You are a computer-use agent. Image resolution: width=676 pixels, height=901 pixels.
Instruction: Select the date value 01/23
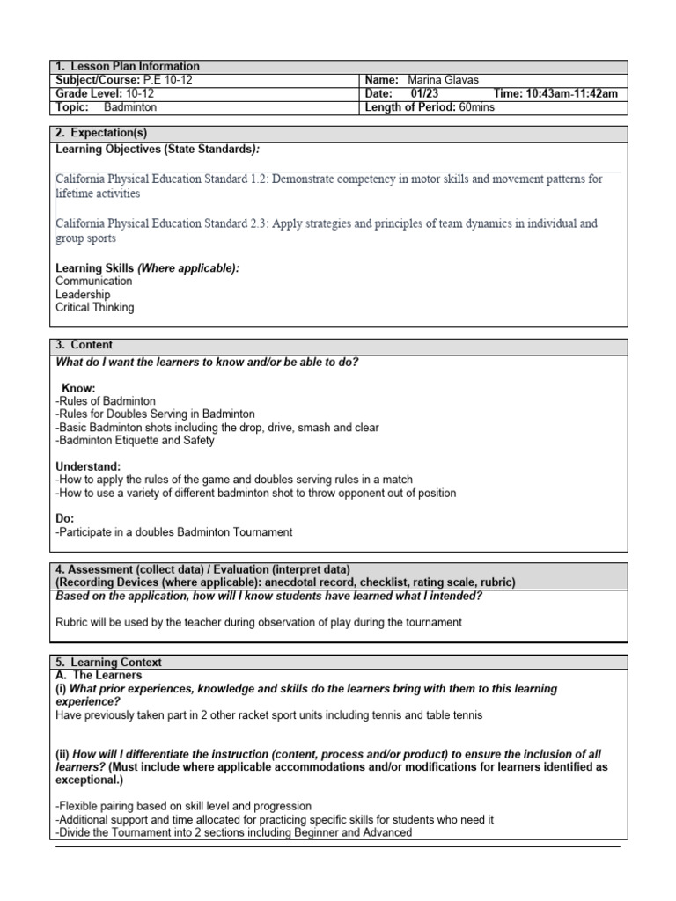pyautogui.click(x=425, y=94)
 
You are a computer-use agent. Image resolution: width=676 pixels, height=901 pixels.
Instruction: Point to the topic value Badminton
pyautogui.click(x=129, y=107)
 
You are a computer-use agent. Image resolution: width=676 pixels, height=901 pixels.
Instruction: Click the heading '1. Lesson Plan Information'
pyautogui.click(x=128, y=67)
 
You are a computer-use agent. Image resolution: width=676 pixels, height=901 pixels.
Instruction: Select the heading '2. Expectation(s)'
pyautogui.click(x=101, y=133)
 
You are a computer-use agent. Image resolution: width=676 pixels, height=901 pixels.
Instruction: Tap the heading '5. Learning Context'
pyautogui.click(x=108, y=662)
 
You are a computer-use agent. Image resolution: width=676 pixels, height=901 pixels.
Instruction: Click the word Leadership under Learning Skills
pyautogui.click(x=83, y=295)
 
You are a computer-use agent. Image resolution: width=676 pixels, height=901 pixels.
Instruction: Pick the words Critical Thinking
pyautogui.click(x=95, y=308)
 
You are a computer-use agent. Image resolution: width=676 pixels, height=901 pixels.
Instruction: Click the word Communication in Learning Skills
pyautogui.click(x=93, y=282)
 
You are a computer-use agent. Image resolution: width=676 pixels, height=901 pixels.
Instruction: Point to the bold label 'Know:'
pyautogui.click(x=78, y=388)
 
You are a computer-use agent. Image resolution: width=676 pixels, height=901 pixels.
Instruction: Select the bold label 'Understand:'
pyautogui.click(x=88, y=466)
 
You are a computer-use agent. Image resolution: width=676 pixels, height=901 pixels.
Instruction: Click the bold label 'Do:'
pyautogui.click(x=65, y=519)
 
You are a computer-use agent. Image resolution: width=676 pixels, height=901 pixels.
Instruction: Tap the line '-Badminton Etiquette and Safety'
pyautogui.click(x=135, y=441)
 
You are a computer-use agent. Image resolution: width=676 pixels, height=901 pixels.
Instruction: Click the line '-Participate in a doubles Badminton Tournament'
pyautogui.click(x=173, y=532)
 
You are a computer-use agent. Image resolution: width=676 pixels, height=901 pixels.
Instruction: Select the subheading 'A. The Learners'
pyautogui.click(x=99, y=675)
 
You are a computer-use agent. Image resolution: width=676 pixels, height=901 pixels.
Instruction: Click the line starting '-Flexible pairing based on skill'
pyautogui.click(x=183, y=806)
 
